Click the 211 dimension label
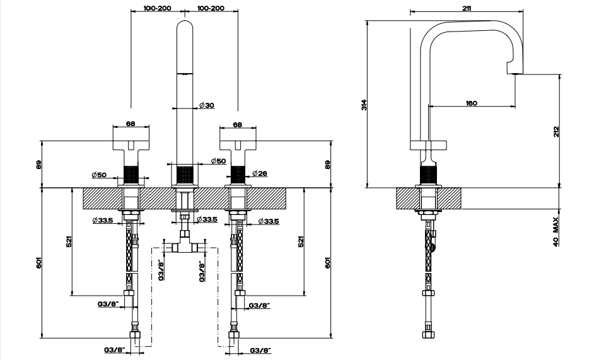[x=467, y=8]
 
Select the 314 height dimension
[x=364, y=105]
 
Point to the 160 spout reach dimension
[x=472, y=103]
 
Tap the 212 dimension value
[x=556, y=132]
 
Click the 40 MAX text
[x=555, y=231]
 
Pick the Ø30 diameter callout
[x=207, y=105]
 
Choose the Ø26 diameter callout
[x=260, y=173]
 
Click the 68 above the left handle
[x=131, y=124]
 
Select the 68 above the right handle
[x=237, y=125]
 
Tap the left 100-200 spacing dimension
[x=158, y=8]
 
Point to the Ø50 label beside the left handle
[x=99, y=175]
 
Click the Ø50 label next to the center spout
[x=218, y=161]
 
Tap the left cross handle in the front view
[x=131, y=145]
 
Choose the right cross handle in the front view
[x=237, y=145]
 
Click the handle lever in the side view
[x=429, y=145]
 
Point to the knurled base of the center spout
[x=185, y=175]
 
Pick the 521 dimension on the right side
[x=301, y=241]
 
